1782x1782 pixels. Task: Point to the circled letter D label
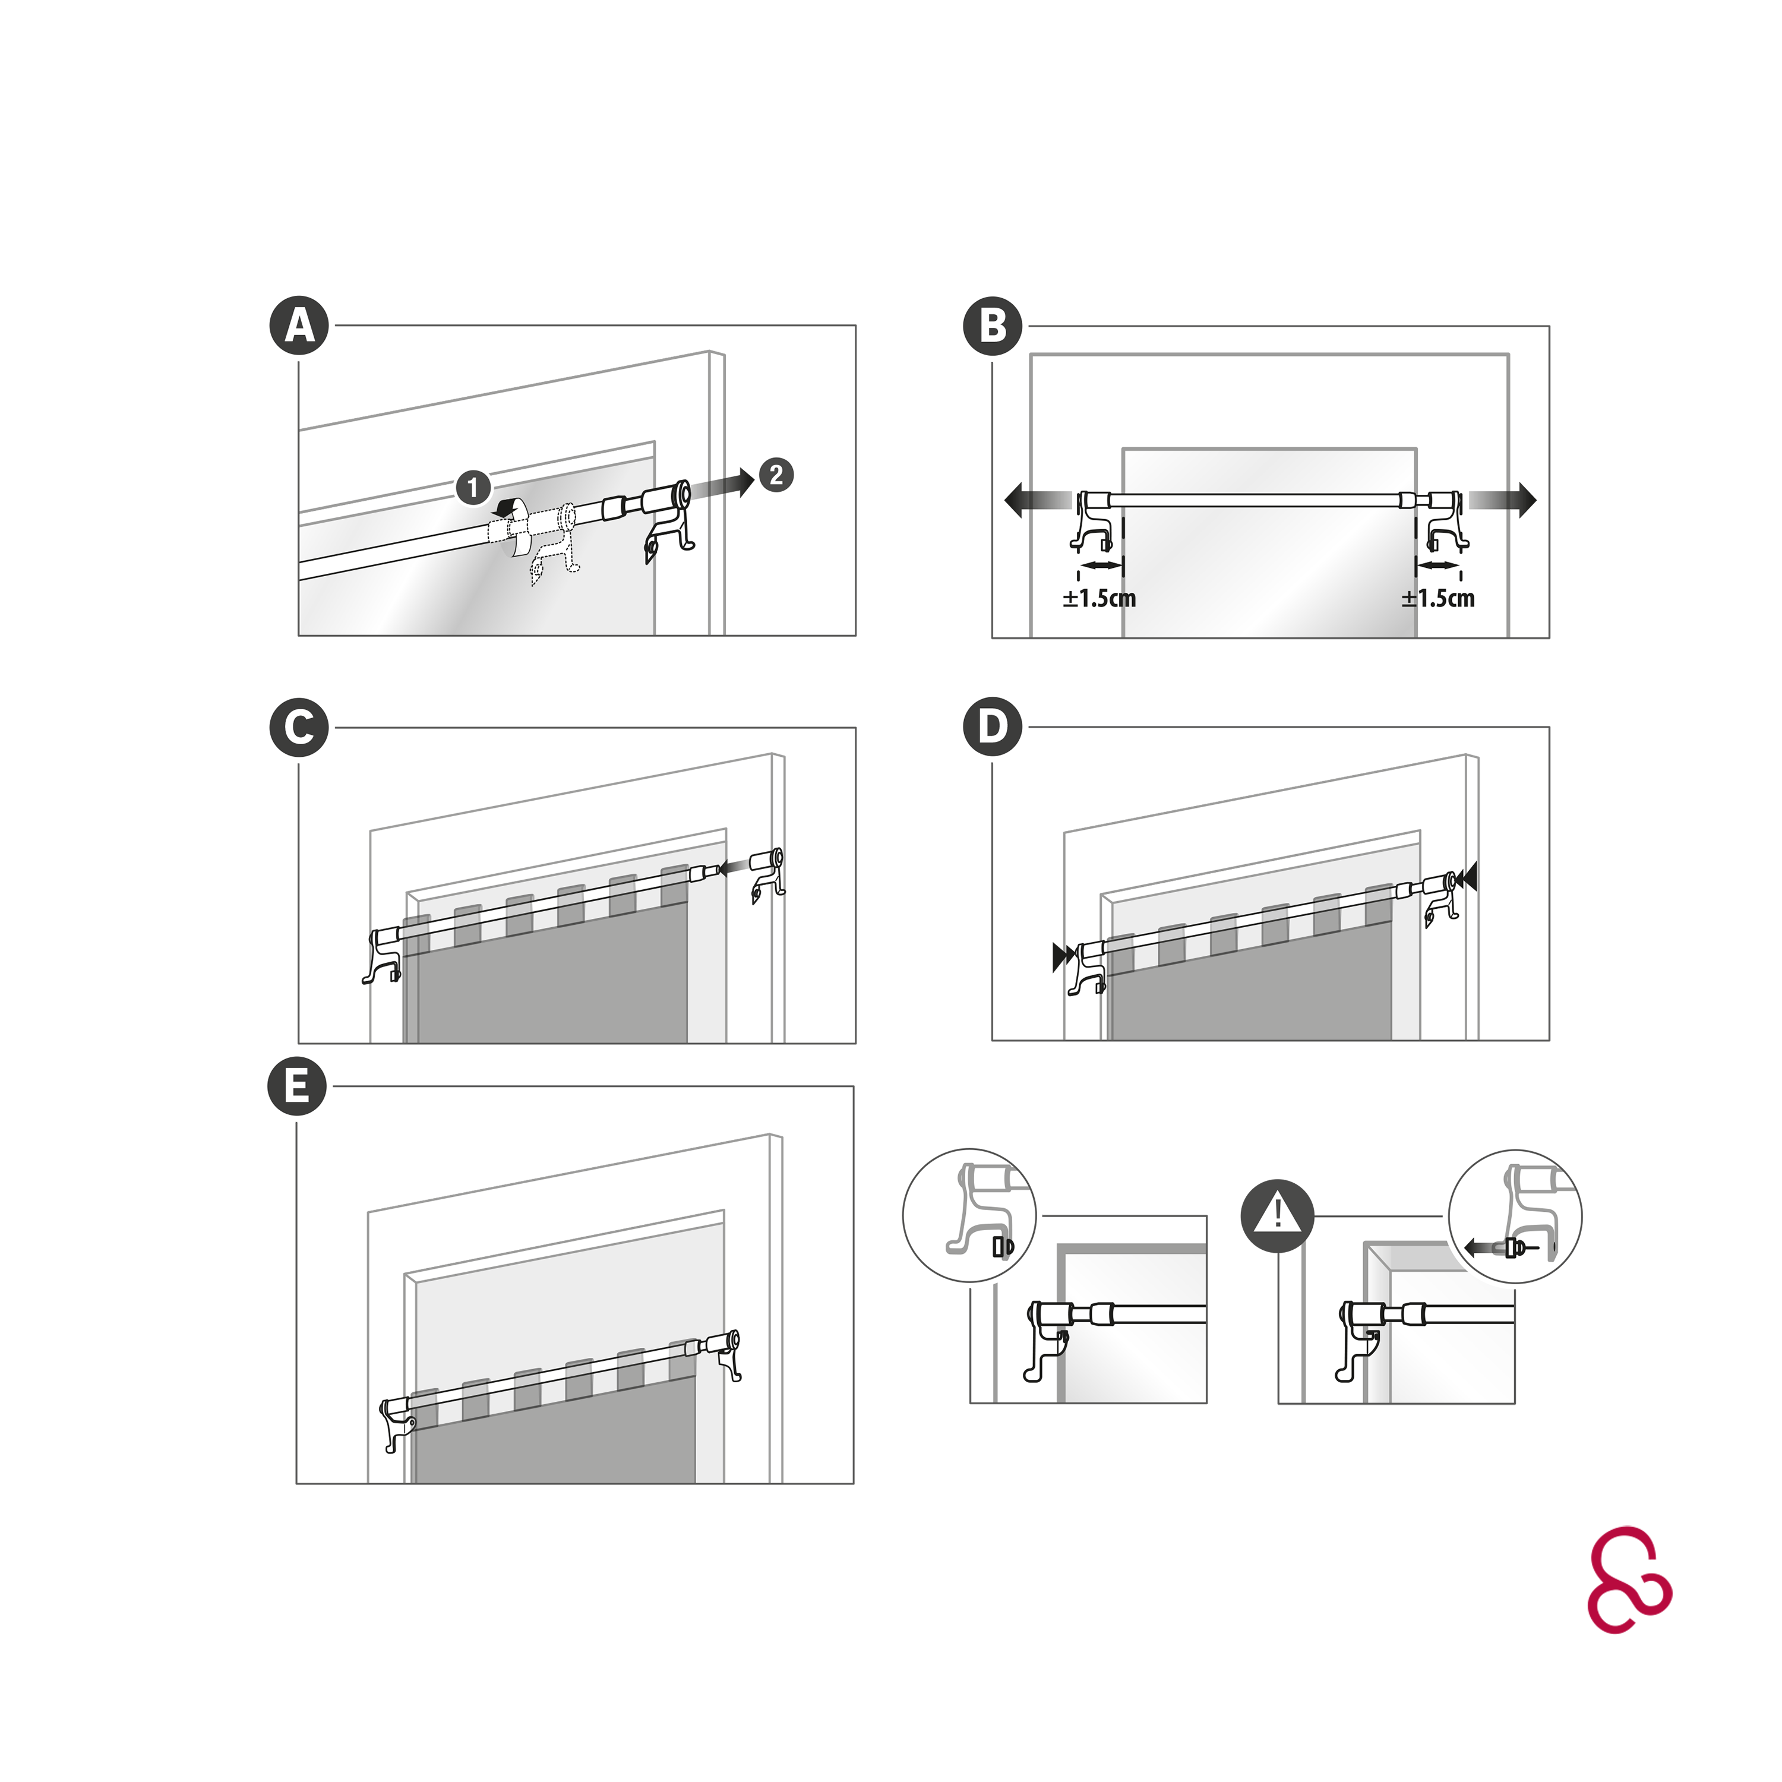(993, 727)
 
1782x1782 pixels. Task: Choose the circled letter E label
(297, 1086)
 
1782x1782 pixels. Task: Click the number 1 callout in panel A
(473, 487)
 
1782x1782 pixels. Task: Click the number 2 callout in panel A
(776, 475)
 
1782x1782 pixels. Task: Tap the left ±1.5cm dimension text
(1098, 599)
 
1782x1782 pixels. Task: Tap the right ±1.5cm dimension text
(1438, 599)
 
